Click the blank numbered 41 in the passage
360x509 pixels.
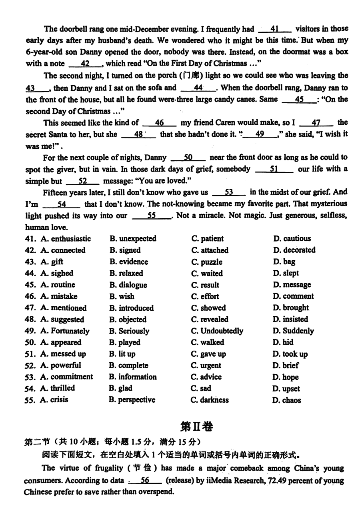pyautogui.click(x=274, y=29)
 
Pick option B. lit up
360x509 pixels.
pyautogui.click(x=122, y=354)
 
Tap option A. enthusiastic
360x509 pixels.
pyautogui.click(x=66, y=239)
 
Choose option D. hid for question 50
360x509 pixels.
pyautogui.click(x=283, y=342)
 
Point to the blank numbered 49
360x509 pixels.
pyautogui.click(x=260, y=134)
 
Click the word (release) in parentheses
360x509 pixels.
pyautogui.click(x=180, y=480)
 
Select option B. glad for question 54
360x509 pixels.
pyautogui.click(x=120, y=388)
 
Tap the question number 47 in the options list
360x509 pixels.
pyautogui.click(x=30, y=308)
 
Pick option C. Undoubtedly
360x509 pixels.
pyautogui.click(x=217, y=331)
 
